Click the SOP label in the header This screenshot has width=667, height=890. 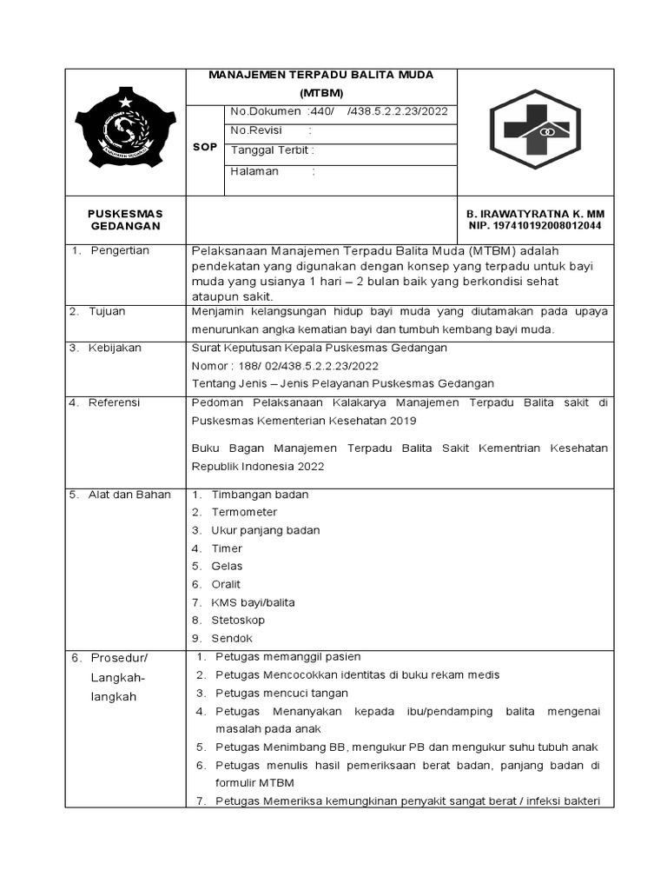click(x=205, y=148)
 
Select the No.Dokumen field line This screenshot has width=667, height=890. click(x=337, y=111)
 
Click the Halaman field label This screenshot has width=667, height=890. click(x=254, y=171)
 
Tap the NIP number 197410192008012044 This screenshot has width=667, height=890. click(x=536, y=226)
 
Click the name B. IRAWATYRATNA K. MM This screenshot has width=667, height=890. click(x=536, y=214)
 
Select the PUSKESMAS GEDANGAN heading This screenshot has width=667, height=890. click(x=126, y=220)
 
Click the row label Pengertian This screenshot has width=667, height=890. click(x=120, y=250)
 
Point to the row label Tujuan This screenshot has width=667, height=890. click(x=108, y=310)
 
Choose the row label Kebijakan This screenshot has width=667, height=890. click(x=115, y=348)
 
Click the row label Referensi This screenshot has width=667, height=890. click(x=115, y=402)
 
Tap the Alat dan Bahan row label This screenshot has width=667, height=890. click(x=129, y=495)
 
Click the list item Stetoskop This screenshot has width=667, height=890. click(x=238, y=621)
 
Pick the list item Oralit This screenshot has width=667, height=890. click(x=226, y=584)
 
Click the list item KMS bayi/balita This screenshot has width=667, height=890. click(x=253, y=602)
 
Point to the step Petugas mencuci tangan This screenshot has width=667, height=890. click(x=281, y=693)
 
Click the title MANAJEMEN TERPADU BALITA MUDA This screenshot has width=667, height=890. click(x=321, y=75)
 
